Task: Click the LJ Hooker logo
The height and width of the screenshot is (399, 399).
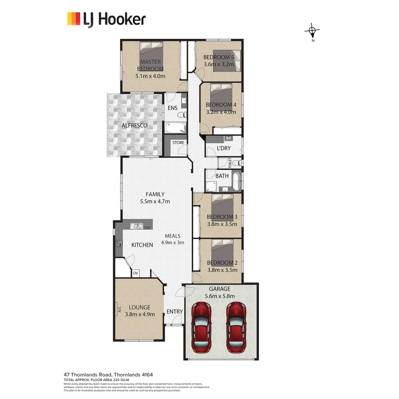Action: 106,19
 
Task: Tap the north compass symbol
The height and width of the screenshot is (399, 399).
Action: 313,31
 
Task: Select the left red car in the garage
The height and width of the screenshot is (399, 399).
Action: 202,327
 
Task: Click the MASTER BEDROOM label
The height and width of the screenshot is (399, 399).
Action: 150,65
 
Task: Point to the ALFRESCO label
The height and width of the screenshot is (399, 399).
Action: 134,126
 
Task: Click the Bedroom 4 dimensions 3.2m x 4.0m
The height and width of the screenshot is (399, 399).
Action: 221,112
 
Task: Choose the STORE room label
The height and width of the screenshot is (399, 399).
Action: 178,143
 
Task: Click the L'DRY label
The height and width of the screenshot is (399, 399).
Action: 224,148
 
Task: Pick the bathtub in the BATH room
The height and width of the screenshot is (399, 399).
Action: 236,181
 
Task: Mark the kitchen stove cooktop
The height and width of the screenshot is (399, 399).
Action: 119,243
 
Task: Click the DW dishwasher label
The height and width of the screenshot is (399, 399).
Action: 147,228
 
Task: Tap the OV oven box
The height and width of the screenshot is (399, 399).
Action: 136,273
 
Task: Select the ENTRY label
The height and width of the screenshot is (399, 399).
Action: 174,311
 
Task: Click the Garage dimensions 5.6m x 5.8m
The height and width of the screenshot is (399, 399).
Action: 220,296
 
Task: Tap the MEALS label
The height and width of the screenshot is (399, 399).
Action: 173,236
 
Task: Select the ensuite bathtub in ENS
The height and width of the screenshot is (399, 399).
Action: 175,128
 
